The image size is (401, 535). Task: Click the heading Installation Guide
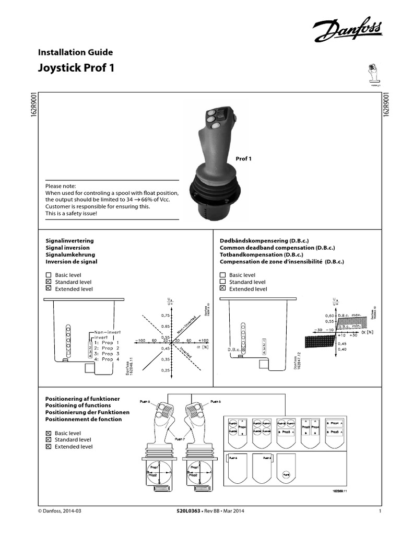click(76, 52)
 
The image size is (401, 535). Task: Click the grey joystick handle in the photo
click(214, 146)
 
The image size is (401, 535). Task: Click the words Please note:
click(61, 186)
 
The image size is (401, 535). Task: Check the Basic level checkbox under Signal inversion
click(49, 275)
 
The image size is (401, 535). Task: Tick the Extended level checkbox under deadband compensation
click(223, 288)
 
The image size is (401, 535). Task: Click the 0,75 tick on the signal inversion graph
click(166, 316)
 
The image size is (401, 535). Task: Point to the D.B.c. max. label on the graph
click(350, 316)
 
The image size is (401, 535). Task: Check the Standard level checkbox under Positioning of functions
click(49, 440)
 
